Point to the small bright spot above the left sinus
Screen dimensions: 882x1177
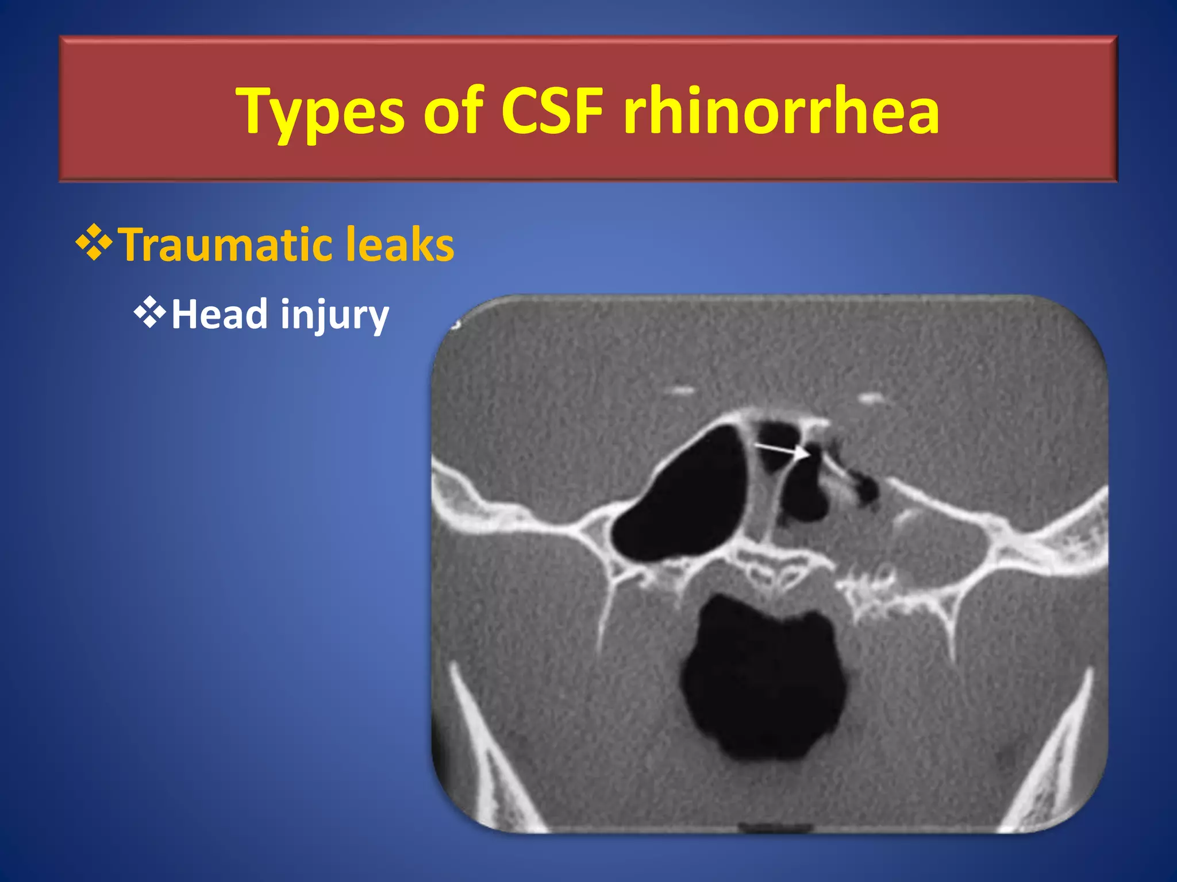[682, 392]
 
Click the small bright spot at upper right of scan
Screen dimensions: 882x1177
[871, 397]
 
